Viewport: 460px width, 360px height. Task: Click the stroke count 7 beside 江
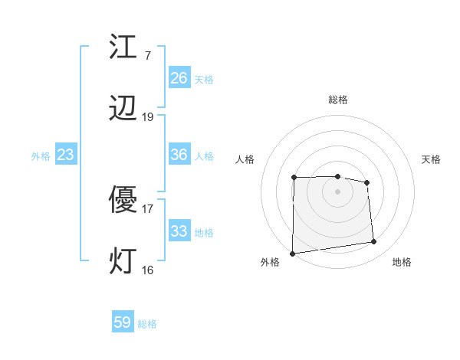pos(148,56)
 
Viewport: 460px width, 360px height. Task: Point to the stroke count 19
pos(148,117)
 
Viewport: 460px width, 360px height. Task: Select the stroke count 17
pos(148,208)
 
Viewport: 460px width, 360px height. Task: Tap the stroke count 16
pos(148,270)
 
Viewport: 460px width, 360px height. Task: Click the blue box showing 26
pos(179,78)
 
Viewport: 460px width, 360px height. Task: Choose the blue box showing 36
pos(179,155)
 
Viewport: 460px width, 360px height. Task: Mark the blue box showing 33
pos(179,231)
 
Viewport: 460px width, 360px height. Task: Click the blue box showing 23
pos(66,155)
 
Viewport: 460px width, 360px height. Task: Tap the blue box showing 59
pos(123,322)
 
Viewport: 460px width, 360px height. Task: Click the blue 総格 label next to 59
pos(148,324)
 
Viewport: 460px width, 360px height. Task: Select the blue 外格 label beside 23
pos(41,156)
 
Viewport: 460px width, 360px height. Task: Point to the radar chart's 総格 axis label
pos(338,100)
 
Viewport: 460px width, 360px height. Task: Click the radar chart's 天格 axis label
pos(432,159)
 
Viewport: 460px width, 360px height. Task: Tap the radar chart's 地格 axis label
pos(402,262)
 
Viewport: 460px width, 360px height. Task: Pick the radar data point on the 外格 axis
pos(292,253)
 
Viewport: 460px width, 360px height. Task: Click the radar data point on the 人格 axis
pos(294,178)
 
